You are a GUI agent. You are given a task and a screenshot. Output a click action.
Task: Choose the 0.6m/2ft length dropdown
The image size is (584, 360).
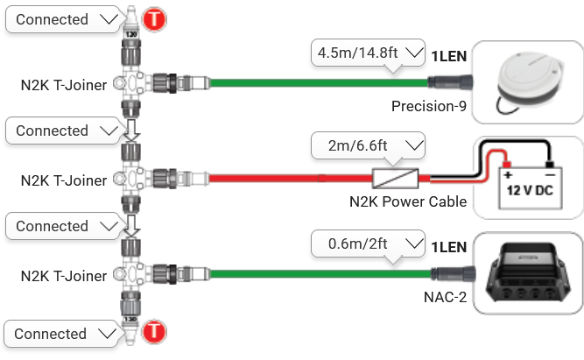pos(368,241)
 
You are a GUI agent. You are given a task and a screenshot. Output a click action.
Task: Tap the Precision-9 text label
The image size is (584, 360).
pos(429,108)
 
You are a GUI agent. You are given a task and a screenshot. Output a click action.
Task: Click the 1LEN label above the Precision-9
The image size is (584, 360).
pos(448,57)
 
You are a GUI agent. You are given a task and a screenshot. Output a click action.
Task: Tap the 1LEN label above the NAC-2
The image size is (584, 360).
pos(448,247)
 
